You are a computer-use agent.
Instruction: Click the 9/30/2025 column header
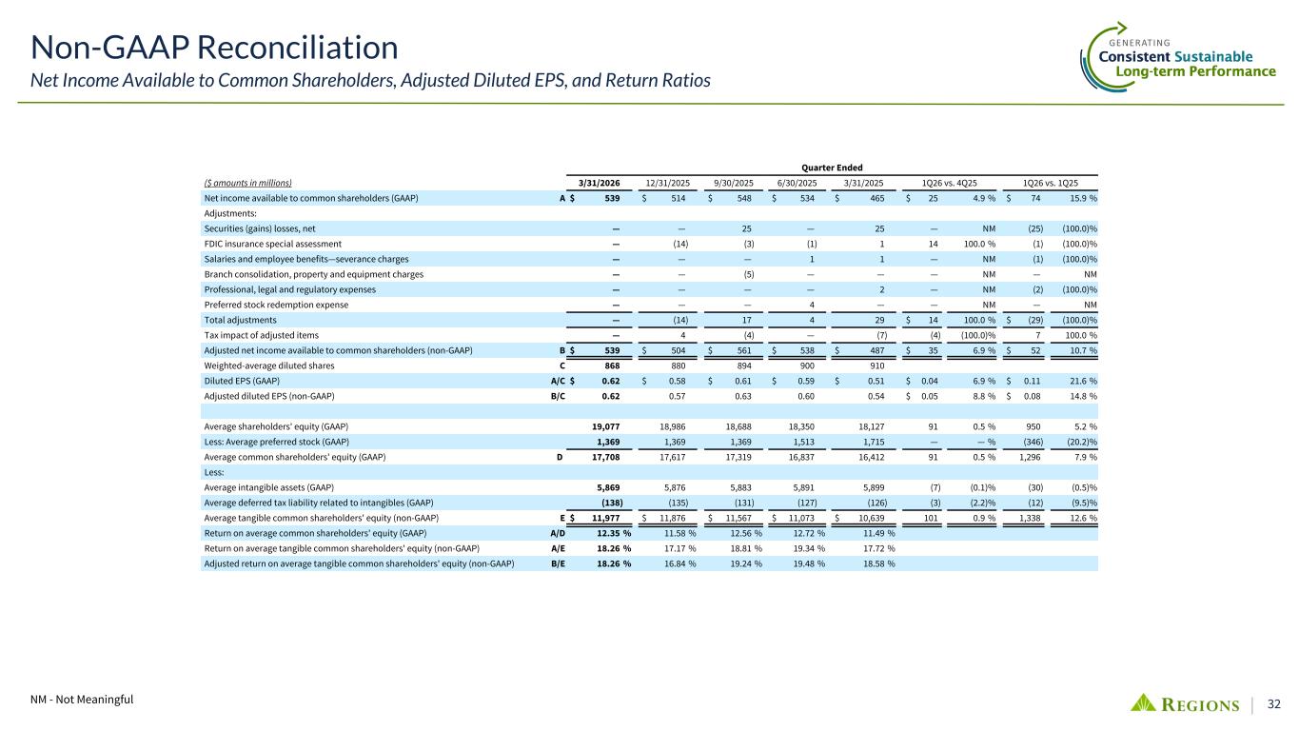(733, 182)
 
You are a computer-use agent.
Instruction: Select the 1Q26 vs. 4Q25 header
(947, 182)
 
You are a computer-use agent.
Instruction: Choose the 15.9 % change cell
(1080, 198)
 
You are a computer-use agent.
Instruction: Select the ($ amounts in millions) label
(248, 183)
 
